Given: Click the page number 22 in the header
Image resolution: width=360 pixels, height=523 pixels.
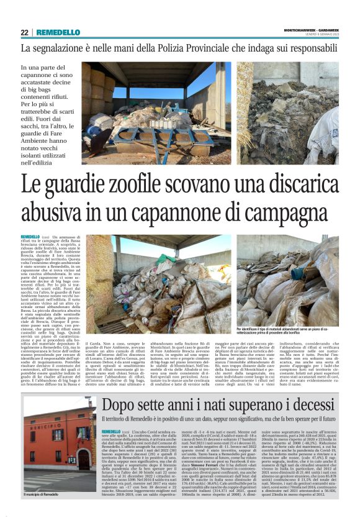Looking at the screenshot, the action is point(24,32).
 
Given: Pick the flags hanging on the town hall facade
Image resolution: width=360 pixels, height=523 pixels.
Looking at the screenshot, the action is point(81,415).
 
